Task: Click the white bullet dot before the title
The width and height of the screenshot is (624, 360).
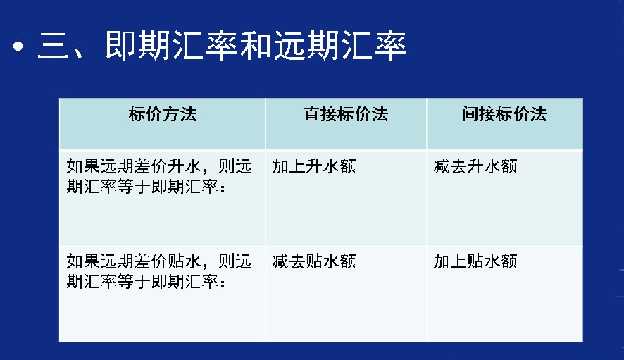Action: pos(18,46)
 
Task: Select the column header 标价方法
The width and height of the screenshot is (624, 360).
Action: pos(163,114)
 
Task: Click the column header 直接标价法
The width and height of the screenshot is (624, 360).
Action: pos(345,114)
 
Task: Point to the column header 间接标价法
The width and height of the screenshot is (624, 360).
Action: pos(504,114)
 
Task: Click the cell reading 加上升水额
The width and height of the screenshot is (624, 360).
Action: pos(314,166)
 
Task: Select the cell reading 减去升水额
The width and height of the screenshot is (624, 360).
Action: pos(475,166)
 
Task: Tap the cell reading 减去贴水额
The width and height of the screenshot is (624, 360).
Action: pos(314,261)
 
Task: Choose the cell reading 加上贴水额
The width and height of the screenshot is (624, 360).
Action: pos(475,261)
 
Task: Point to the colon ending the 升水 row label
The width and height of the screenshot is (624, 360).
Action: pos(223,188)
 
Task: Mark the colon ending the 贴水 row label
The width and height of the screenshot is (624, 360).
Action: pos(223,283)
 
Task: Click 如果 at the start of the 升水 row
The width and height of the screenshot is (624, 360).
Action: pos(83,166)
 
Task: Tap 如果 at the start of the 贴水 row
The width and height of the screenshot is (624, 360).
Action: pos(83,261)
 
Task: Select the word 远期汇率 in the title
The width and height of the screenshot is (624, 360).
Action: pos(340,45)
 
